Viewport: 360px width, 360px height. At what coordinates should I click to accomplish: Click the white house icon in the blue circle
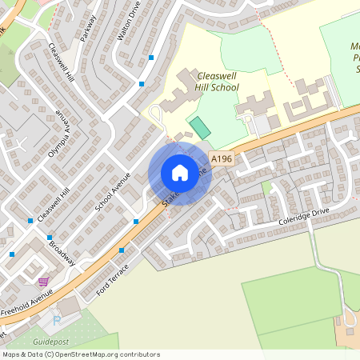click(180, 173)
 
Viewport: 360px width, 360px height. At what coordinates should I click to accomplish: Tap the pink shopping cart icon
click(42, 282)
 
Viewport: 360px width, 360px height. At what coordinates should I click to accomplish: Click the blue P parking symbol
click(56, 321)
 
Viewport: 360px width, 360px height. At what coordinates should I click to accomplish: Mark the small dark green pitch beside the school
click(198, 126)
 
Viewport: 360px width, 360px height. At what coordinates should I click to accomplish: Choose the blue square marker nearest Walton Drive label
click(151, 57)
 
